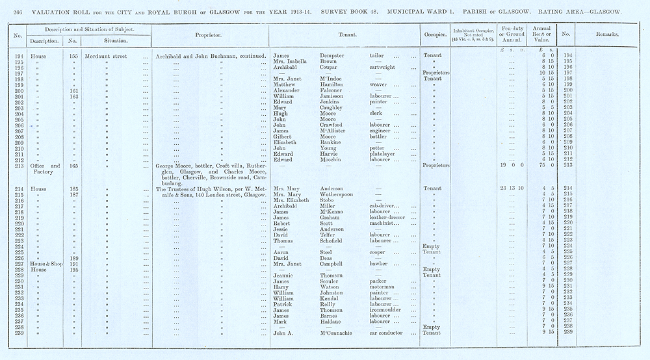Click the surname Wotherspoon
(343, 194)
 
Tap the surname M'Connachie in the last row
(344, 333)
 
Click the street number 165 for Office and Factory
(75, 166)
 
